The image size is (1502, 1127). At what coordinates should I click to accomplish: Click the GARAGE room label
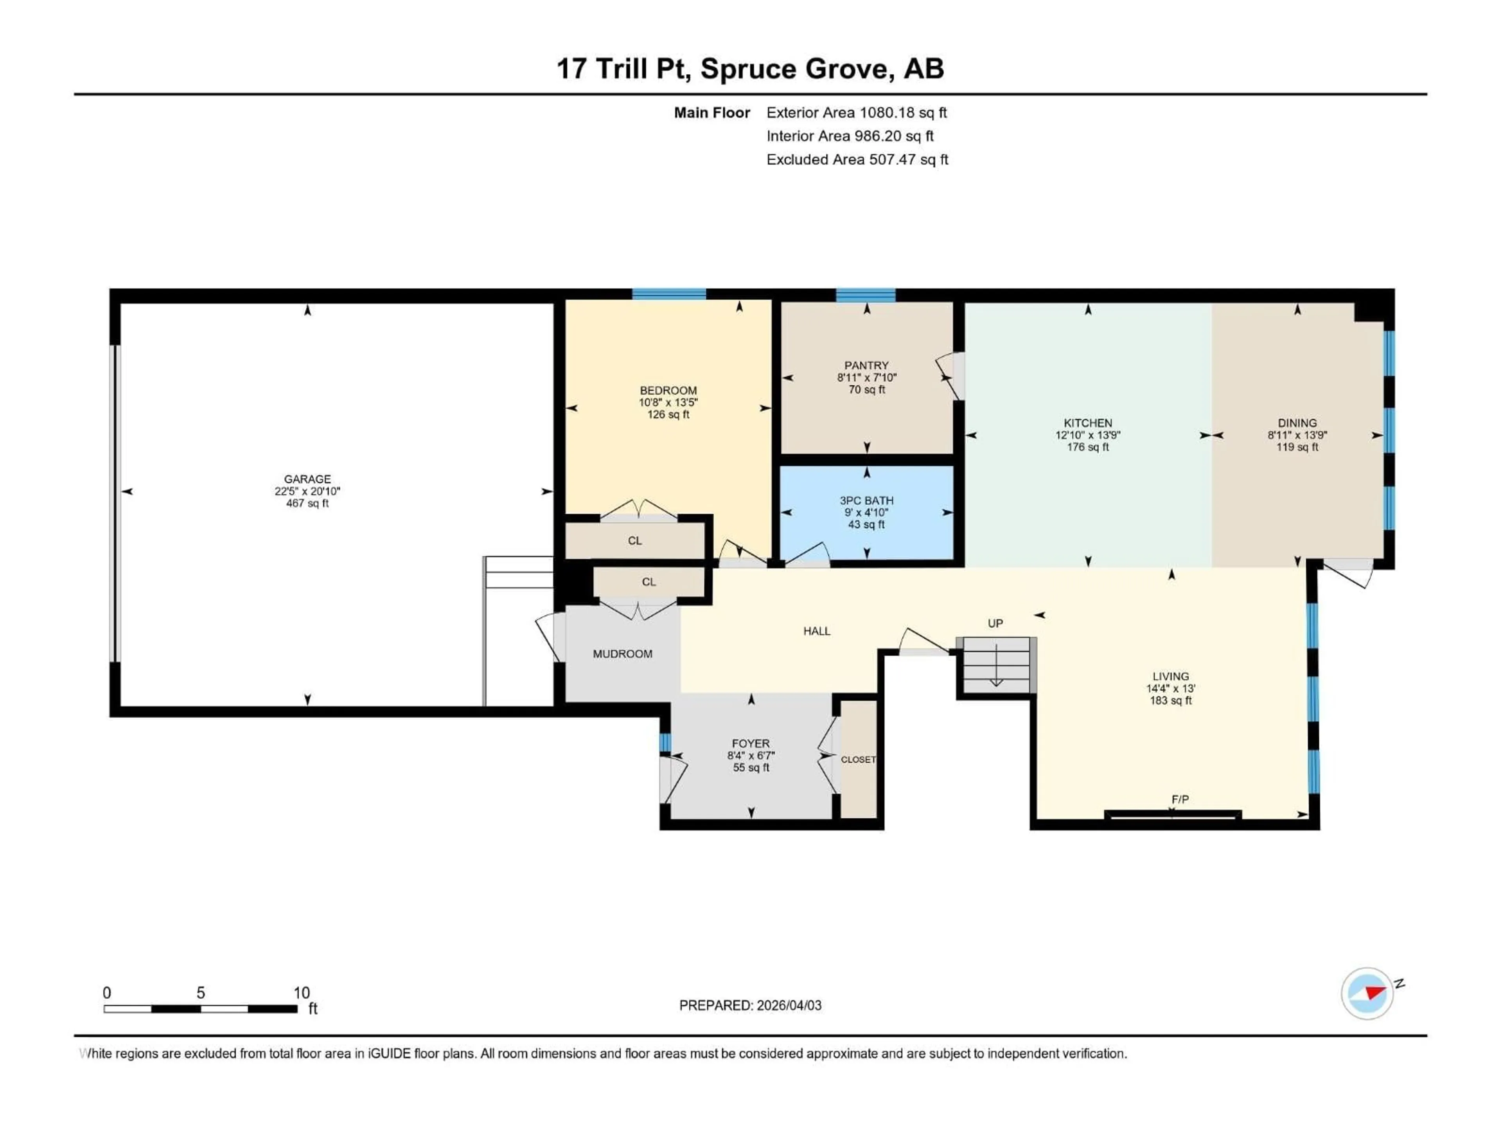click(307, 479)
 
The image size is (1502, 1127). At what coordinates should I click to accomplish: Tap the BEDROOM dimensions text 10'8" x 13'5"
click(668, 403)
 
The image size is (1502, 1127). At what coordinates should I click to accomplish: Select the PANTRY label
click(866, 365)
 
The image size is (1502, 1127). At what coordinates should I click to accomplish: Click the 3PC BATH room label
click(866, 500)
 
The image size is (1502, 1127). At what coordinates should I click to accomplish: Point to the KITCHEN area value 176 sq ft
click(1088, 447)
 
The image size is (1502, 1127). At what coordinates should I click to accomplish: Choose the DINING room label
click(1297, 423)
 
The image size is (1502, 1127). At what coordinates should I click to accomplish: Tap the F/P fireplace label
click(1180, 799)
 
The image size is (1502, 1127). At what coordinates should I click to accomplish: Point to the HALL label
click(817, 631)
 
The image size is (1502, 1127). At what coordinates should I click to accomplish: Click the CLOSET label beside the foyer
click(858, 760)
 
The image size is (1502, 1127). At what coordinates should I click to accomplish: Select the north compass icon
click(1367, 993)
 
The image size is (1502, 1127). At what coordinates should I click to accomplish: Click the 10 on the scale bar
click(302, 992)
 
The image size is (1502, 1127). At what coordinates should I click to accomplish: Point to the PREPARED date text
click(750, 1005)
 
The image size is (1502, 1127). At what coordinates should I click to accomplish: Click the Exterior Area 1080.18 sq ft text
click(856, 113)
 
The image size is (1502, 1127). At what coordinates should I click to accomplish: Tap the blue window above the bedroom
click(669, 294)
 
